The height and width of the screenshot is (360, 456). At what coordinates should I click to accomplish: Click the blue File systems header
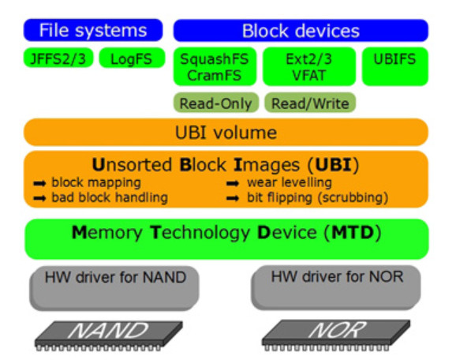pyautogui.click(x=93, y=31)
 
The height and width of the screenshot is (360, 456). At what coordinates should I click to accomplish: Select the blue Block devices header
pyautogui.click(x=301, y=31)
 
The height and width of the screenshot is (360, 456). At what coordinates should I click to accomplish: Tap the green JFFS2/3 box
pyautogui.click(x=58, y=58)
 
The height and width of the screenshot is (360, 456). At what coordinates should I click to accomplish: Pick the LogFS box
pyautogui.click(x=132, y=58)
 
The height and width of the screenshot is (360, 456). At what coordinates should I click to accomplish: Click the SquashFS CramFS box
pyautogui.click(x=215, y=66)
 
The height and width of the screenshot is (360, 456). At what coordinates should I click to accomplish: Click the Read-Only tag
pyautogui.click(x=215, y=103)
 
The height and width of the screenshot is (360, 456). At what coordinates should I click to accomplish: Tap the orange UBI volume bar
pyautogui.click(x=226, y=132)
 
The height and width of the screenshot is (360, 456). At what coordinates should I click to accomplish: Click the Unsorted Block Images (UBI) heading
pyautogui.click(x=226, y=166)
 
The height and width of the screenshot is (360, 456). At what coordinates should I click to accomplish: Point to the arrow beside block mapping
pyautogui.click(x=39, y=182)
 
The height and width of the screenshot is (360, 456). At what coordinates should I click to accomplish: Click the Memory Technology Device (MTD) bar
pyautogui.click(x=226, y=234)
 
